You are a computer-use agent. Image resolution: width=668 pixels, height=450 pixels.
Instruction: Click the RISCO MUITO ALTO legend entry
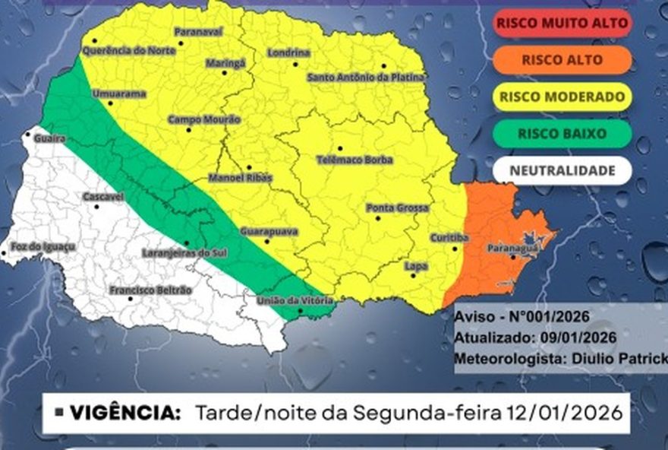pyautogui.click(x=562, y=24)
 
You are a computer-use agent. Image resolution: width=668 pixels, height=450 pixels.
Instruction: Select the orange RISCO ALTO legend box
pyautogui.click(x=562, y=60)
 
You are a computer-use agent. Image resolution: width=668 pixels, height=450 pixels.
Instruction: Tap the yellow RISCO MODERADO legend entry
pyautogui.click(x=562, y=97)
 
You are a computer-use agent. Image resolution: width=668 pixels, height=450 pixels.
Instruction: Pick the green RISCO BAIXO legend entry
pyautogui.click(x=562, y=134)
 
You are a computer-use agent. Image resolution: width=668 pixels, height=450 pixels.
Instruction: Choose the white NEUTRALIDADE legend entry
pyautogui.click(x=562, y=170)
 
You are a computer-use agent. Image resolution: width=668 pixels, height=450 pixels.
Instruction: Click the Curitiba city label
pyautogui.click(x=449, y=237)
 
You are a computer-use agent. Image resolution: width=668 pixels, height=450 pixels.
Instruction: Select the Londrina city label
pyautogui.click(x=289, y=53)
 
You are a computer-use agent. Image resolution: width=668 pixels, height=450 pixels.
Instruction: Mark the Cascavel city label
pyautogui.click(x=103, y=197)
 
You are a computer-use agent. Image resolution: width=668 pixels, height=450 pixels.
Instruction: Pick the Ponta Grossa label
pyautogui.click(x=397, y=208)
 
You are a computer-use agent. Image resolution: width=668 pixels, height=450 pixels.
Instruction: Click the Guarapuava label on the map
pyautogui.click(x=269, y=231)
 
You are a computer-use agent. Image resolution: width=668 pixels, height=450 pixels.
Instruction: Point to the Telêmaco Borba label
pyautogui.click(x=354, y=160)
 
